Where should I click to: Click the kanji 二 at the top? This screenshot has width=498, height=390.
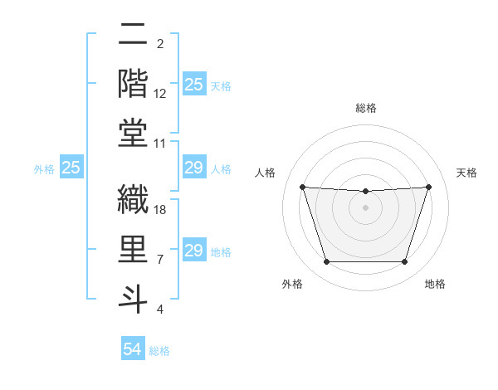point(133,35)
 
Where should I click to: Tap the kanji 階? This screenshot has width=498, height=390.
point(133,84)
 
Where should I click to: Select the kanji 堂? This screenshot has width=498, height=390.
point(133,133)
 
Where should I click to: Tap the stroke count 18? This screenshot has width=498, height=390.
point(161,211)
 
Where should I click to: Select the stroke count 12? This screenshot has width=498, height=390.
point(161,94)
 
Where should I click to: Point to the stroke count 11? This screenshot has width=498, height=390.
point(161,143)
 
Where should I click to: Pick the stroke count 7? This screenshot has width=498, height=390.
point(161,260)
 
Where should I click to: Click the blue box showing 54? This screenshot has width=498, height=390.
point(133,349)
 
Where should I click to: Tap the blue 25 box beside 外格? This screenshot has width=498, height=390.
point(71,168)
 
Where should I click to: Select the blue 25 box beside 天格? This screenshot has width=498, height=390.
point(194,85)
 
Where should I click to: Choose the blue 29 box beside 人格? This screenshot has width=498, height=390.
point(194,168)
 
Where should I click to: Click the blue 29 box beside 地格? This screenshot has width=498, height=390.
point(194,251)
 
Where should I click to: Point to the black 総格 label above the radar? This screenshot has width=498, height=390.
point(365,108)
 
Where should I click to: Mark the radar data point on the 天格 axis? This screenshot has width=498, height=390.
point(428,187)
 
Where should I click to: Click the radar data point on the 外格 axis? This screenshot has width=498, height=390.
point(326,262)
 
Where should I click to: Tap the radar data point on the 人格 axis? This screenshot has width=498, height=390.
point(302,187)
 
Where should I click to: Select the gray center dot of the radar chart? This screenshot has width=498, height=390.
point(365,207)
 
